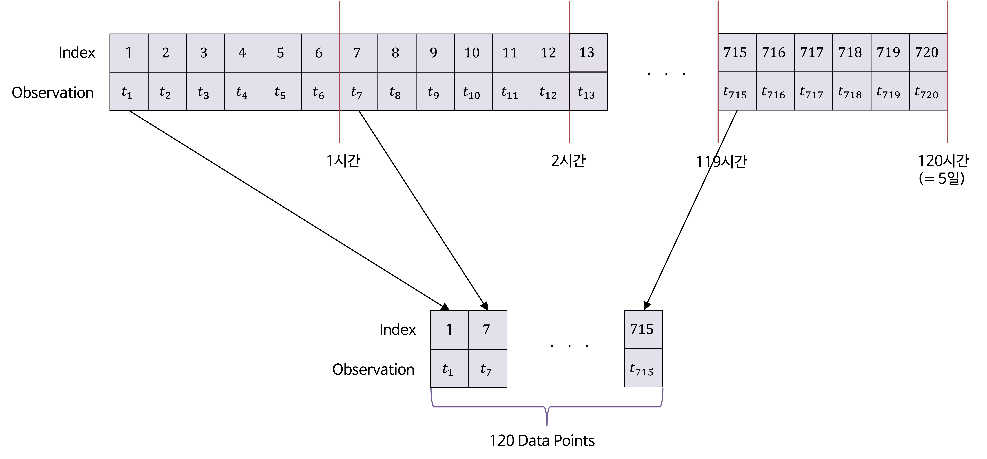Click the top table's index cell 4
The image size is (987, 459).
(244, 53)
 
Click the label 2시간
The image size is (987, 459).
(568, 161)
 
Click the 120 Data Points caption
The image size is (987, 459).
(542, 441)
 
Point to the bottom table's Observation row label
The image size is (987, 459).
(373, 369)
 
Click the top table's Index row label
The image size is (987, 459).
(77, 53)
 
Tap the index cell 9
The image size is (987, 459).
(435, 53)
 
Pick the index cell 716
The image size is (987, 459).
(775, 53)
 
